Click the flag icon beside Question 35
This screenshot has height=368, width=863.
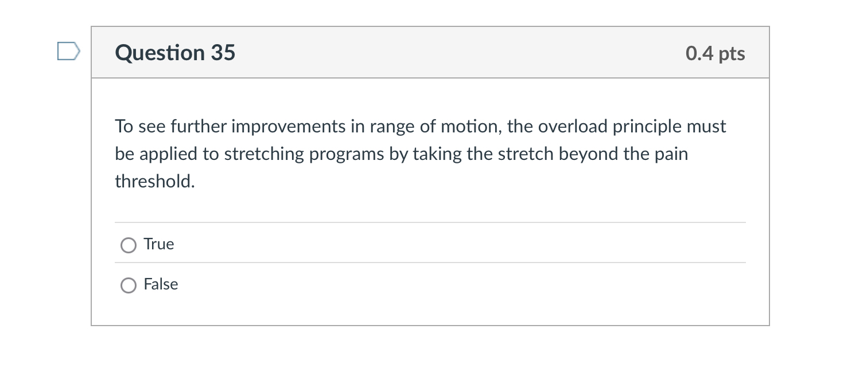coord(68,52)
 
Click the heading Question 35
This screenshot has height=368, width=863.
coord(175,53)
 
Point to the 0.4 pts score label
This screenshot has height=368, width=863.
coord(715,53)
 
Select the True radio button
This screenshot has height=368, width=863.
coord(129,245)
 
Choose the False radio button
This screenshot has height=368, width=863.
coord(129,285)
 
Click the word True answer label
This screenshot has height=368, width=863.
coord(159,244)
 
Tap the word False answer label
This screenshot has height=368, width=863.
coord(161,284)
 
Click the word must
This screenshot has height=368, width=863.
coord(707,126)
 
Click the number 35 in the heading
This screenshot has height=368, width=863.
coord(223,53)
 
